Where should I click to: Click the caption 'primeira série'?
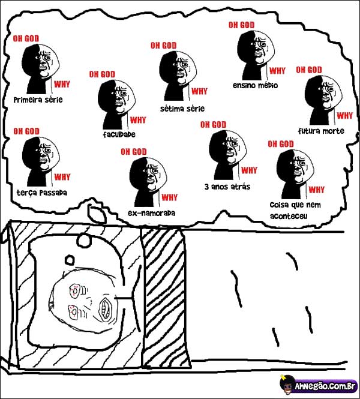click(x=38, y=100)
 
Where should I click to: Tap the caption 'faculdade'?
click(x=119, y=134)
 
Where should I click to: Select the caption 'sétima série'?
click(x=182, y=109)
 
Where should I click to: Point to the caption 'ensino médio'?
click(x=255, y=85)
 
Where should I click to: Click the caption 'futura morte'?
click(x=321, y=131)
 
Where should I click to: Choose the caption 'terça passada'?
click(x=42, y=192)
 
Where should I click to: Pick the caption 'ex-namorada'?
click(x=151, y=213)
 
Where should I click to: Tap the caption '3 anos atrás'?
click(x=227, y=187)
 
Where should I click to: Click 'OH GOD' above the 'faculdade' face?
click(x=102, y=74)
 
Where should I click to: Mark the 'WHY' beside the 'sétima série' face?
click(x=199, y=91)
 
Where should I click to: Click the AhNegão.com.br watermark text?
click(x=325, y=387)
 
